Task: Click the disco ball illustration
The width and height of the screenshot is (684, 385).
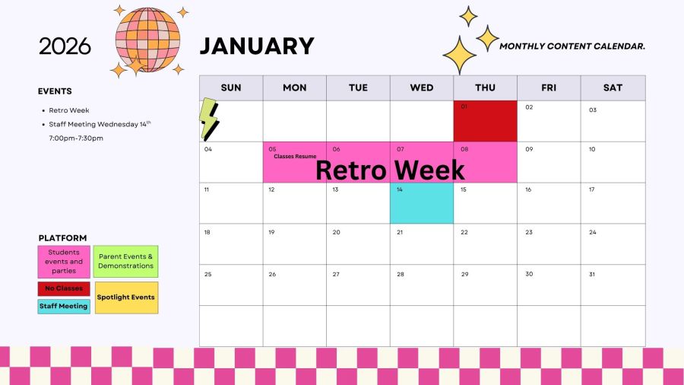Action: click(x=147, y=40)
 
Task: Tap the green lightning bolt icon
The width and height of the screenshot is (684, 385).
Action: click(x=209, y=119)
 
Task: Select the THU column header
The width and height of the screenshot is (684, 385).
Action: click(x=485, y=87)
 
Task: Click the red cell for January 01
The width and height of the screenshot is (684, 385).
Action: click(x=485, y=121)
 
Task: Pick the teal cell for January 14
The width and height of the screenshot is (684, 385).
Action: click(x=422, y=203)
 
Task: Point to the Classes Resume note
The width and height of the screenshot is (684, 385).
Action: click(x=295, y=156)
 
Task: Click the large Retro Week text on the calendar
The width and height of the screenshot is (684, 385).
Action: click(x=390, y=170)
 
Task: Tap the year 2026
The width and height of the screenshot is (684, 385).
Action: click(x=65, y=46)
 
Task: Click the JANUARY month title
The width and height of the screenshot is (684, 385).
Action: click(x=257, y=46)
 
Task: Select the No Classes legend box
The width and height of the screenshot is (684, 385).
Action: click(x=64, y=288)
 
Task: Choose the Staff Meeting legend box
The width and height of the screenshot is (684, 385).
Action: click(x=64, y=307)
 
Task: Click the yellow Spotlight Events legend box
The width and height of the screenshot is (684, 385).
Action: click(x=126, y=297)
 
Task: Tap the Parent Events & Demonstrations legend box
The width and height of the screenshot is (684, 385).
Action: click(x=125, y=262)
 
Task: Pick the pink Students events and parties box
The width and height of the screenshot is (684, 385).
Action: click(x=64, y=262)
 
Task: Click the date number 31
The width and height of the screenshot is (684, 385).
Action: click(x=592, y=274)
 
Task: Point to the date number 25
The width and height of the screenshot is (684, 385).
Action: click(x=207, y=274)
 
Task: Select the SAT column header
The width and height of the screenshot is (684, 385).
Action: click(x=613, y=87)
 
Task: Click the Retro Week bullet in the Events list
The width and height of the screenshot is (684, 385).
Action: click(x=69, y=110)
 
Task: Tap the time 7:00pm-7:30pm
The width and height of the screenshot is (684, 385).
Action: click(x=76, y=138)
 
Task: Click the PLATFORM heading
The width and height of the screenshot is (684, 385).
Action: click(x=62, y=238)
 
